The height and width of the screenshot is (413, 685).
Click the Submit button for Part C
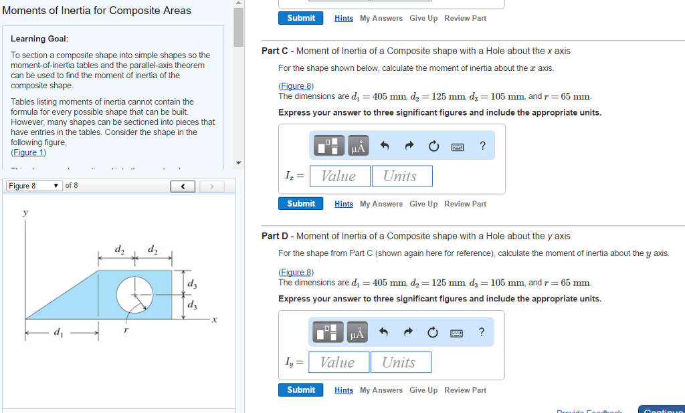(x=300, y=204)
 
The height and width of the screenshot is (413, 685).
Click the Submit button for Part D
(x=300, y=390)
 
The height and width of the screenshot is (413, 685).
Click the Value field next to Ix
(x=339, y=176)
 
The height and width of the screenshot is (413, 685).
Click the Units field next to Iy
(x=400, y=362)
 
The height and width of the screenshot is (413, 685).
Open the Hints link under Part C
(x=344, y=204)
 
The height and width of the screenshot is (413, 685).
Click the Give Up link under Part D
(x=423, y=390)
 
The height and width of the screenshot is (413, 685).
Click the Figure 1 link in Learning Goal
(x=28, y=152)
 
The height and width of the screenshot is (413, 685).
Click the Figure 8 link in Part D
(x=296, y=272)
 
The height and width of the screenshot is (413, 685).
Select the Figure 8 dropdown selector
(x=33, y=186)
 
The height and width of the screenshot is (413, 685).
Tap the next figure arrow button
(x=212, y=186)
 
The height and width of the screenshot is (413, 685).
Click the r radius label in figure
(x=126, y=330)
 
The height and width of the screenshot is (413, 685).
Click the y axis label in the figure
(x=25, y=213)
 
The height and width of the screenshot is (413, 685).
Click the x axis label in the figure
(x=213, y=320)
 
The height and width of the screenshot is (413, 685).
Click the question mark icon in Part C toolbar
(x=482, y=146)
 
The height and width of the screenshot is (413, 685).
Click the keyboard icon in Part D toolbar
(x=458, y=332)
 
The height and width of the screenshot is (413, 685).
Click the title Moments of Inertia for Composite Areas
(x=97, y=11)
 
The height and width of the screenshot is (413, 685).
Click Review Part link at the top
(x=465, y=18)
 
